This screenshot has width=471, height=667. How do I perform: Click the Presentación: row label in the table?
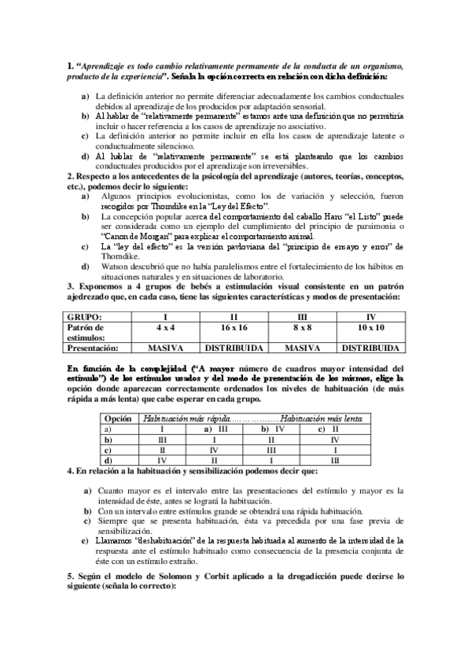[98, 347]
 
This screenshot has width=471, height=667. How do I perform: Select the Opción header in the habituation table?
[118, 420]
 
